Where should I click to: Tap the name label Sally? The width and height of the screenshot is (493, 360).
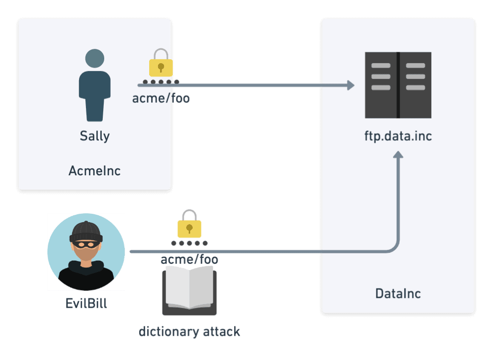click(x=94, y=136)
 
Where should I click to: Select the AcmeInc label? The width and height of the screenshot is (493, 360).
click(x=94, y=171)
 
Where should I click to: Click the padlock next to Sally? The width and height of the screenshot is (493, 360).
click(x=161, y=63)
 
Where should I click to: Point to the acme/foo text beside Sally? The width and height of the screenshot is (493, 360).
click(x=161, y=98)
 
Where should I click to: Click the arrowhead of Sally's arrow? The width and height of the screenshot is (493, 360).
click(x=351, y=85)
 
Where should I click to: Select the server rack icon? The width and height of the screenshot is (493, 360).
click(x=398, y=85)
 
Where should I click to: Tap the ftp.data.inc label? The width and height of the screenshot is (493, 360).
click(x=398, y=135)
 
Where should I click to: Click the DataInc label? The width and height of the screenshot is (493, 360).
click(x=398, y=294)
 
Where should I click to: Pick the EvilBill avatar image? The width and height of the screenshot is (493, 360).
click(x=86, y=252)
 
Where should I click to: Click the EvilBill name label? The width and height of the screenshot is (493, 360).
click(x=86, y=303)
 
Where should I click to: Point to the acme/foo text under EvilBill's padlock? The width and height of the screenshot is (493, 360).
click(x=189, y=259)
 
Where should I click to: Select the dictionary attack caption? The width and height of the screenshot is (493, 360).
click(x=189, y=331)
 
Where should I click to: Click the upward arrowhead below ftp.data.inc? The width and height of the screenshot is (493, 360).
click(x=398, y=155)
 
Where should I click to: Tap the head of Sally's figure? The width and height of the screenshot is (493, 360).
click(x=94, y=58)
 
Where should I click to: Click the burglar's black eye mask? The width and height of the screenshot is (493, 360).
click(x=86, y=243)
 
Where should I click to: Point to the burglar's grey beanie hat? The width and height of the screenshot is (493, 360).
click(x=86, y=231)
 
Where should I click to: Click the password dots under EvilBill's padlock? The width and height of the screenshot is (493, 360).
click(x=189, y=243)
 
